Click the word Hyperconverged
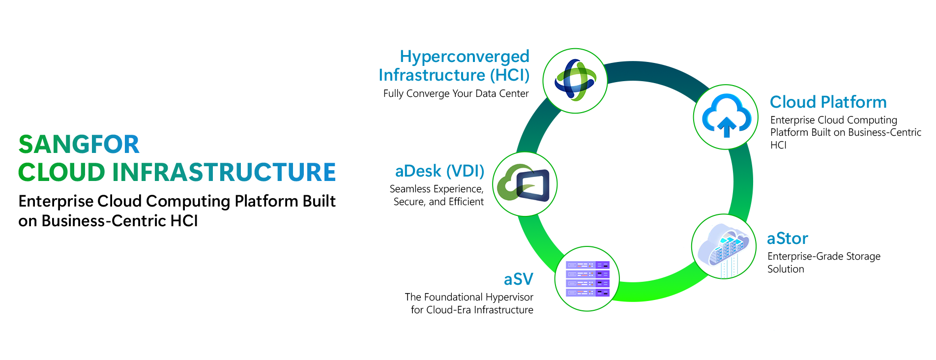click(x=464, y=57)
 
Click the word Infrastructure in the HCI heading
click(x=432, y=75)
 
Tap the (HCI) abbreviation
click(x=510, y=75)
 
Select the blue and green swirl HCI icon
click(x=575, y=80)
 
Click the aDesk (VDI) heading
click(x=439, y=171)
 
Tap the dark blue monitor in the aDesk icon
click(x=534, y=184)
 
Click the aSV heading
click(x=519, y=279)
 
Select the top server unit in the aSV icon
click(x=587, y=265)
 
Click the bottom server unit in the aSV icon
click(x=587, y=293)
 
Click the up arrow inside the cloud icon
click(x=727, y=127)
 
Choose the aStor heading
click(x=788, y=239)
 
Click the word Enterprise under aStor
click(x=784, y=257)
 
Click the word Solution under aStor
click(x=783, y=269)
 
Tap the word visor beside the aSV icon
click(x=522, y=298)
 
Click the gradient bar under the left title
click(x=177, y=172)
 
